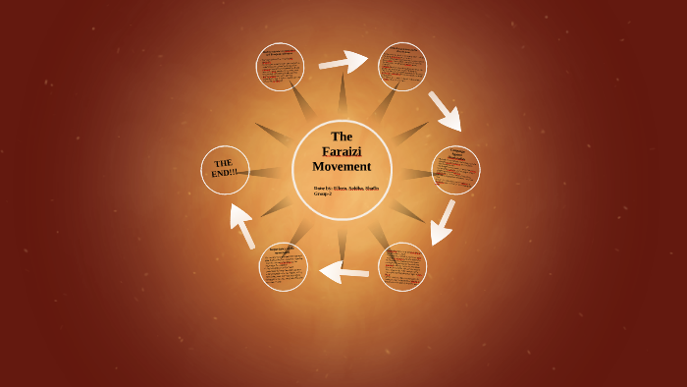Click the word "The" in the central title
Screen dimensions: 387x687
coord(342,137)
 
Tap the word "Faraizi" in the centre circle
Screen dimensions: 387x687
coord(342,151)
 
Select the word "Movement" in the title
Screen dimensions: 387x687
coord(342,166)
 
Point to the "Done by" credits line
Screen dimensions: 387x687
coord(345,188)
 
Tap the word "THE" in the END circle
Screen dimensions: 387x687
coord(224,162)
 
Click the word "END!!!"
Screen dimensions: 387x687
coord(225,173)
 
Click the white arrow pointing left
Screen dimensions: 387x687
coord(344,270)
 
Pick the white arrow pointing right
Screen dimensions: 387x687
coord(343,62)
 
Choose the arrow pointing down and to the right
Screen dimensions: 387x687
coord(445,111)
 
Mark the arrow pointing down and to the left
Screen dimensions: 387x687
coord(443,222)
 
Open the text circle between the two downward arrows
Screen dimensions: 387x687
coord(455,170)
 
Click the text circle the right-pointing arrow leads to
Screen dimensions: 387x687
coord(402,67)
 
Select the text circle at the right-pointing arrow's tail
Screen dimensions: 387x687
coord(280,67)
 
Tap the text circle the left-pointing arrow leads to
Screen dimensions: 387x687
coord(284,267)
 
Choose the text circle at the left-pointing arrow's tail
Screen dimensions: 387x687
coord(402,267)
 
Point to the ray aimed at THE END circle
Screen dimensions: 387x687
coord(267,172)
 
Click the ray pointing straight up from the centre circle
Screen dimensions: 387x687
coord(343,98)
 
